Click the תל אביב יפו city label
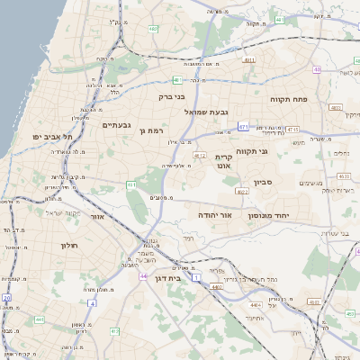[53, 136]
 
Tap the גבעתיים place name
[117, 125]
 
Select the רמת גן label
[155, 131]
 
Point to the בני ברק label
[171, 96]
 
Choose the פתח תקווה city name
[289, 99]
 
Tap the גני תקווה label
[252, 151]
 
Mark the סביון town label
[288, 182]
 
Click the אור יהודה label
[215, 216]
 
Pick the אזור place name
[98, 217]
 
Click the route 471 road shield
[244, 125]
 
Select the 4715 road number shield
[292, 130]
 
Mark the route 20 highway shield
[6, 298]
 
